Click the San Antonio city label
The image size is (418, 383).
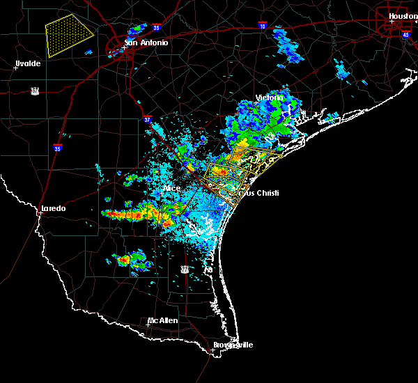[x=146, y=42]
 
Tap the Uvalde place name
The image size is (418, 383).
[x=28, y=63]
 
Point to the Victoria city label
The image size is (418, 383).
[x=270, y=97]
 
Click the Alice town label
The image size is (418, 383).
[x=171, y=188]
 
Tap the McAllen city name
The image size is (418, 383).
[x=162, y=320]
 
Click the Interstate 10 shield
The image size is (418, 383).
[x=262, y=25]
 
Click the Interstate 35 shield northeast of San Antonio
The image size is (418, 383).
[x=156, y=29]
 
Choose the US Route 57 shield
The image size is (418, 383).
[x=34, y=91]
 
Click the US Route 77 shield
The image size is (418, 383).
[x=185, y=269]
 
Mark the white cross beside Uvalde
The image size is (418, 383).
[x=15, y=68]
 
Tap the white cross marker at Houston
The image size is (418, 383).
[x=392, y=21]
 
